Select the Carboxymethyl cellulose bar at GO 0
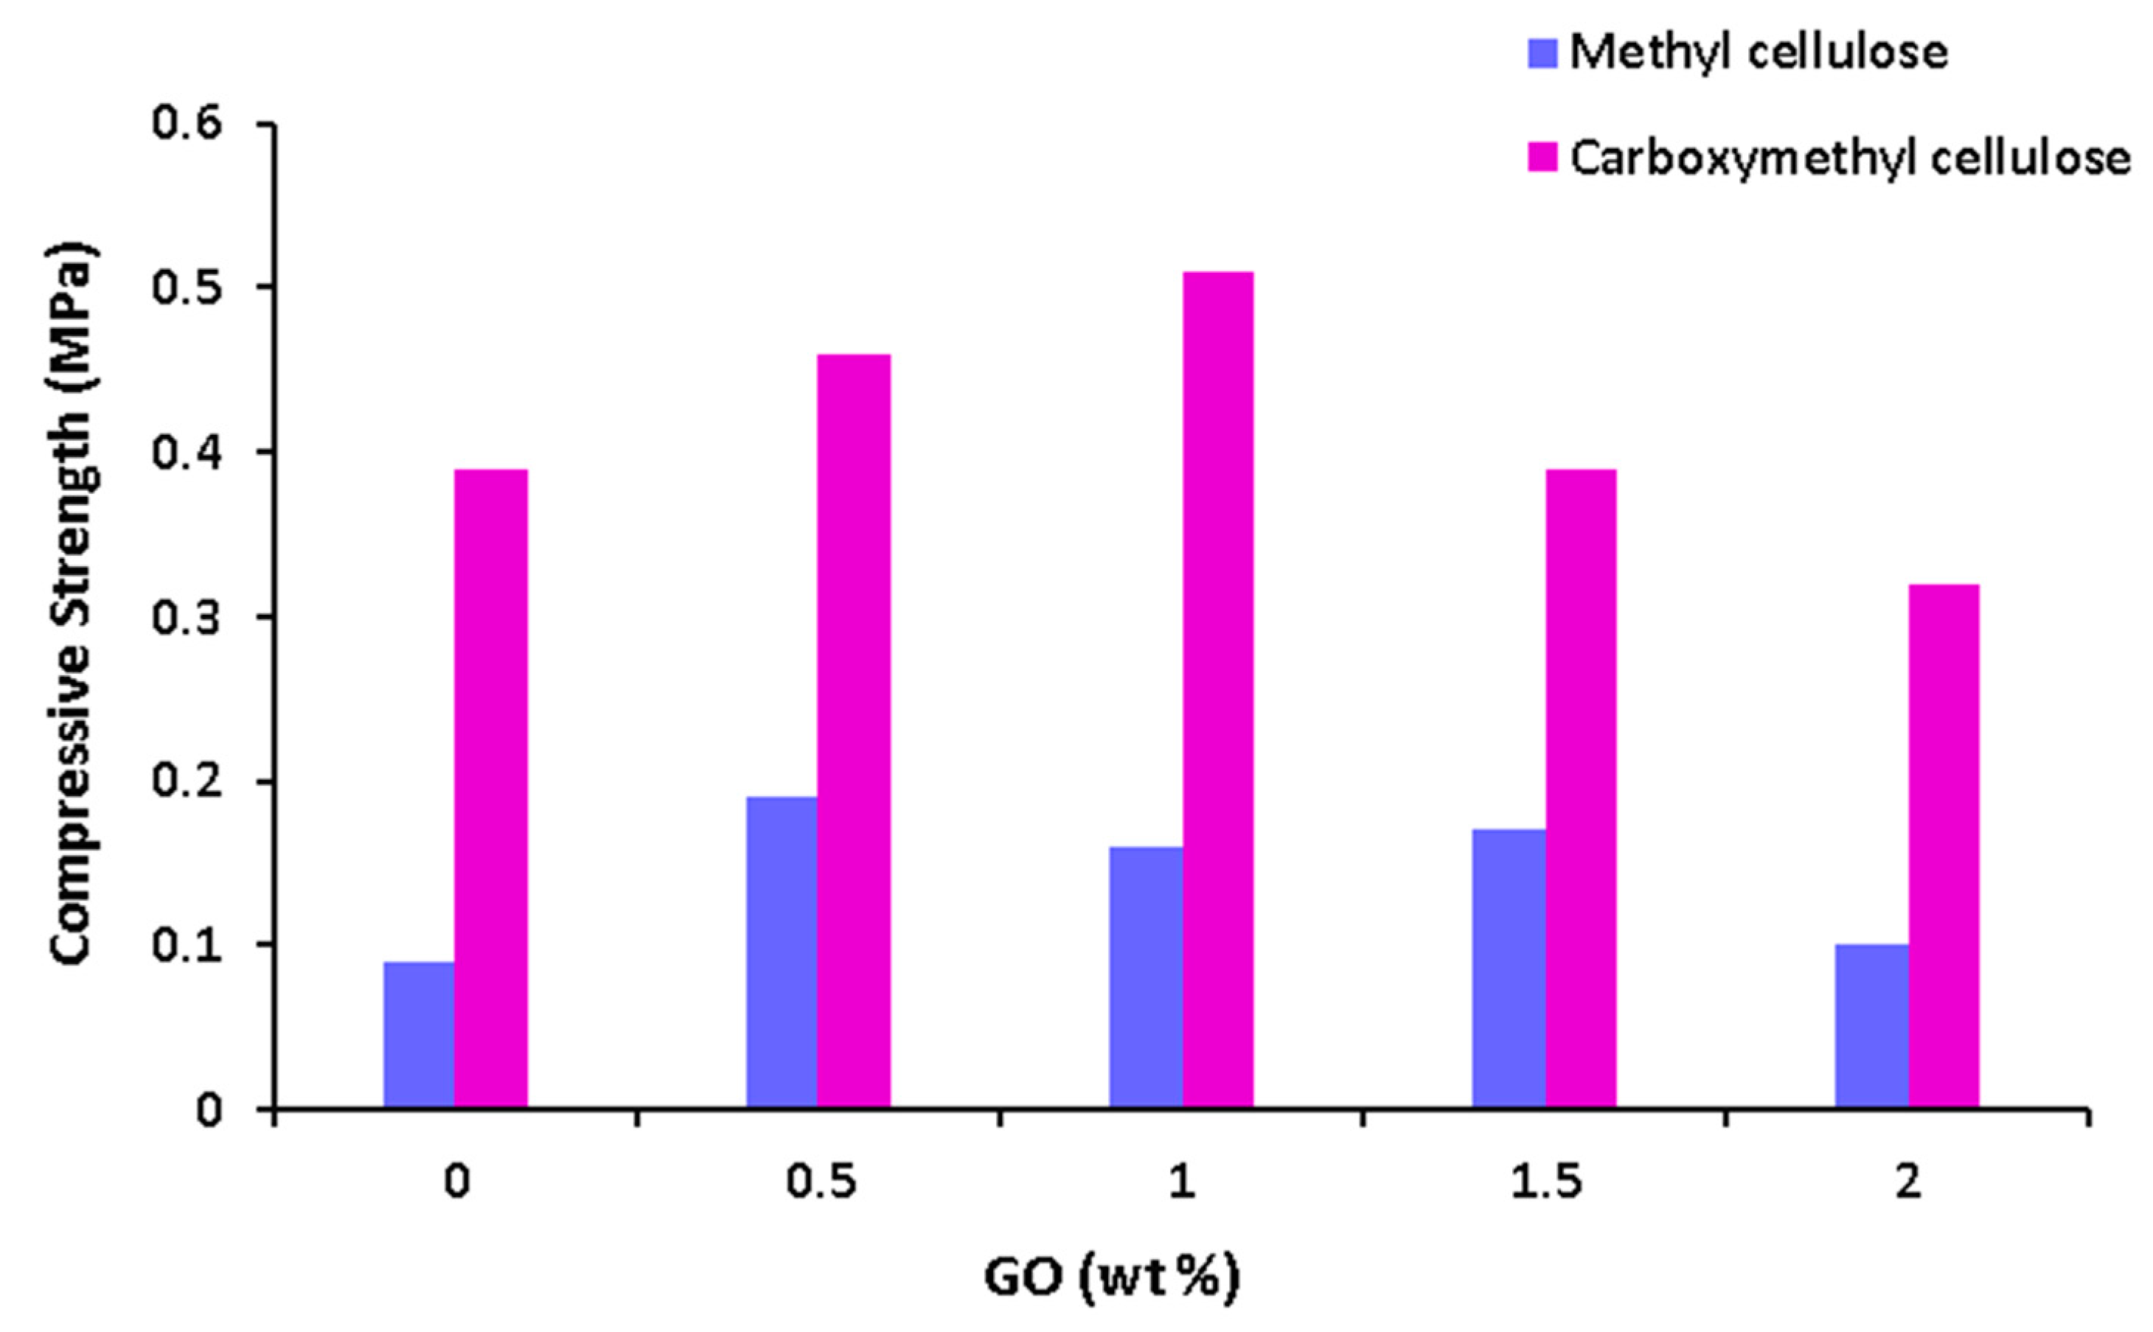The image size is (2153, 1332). (490, 789)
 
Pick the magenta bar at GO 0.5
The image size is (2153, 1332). (854, 731)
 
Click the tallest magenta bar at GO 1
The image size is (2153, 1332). (1217, 690)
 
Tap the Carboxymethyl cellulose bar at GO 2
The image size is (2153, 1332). (1944, 845)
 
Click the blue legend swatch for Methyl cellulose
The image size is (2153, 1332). (1542, 54)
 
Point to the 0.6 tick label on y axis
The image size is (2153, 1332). (187, 123)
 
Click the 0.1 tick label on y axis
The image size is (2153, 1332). (187, 945)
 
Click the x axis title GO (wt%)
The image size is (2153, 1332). (1112, 1277)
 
